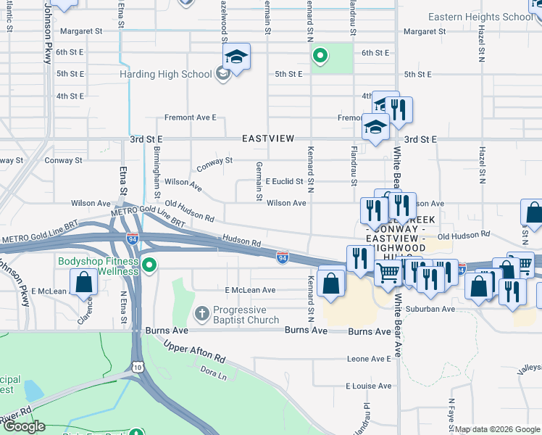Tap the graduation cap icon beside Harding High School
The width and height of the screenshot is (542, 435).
pos(237,56)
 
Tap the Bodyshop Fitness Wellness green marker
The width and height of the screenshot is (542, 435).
pos(149,265)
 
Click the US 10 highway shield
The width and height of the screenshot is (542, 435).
pos(137,366)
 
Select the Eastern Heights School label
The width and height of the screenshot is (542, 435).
pos(480,17)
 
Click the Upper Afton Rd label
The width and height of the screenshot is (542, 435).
pos(195,352)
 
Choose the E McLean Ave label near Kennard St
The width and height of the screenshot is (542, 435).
pos(250,290)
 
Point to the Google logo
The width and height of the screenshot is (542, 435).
pos(24,426)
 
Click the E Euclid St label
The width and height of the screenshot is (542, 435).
pos(283,181)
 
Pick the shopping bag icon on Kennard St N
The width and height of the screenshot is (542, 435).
pos(331,284)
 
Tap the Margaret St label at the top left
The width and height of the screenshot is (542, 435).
pos(81,31)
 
